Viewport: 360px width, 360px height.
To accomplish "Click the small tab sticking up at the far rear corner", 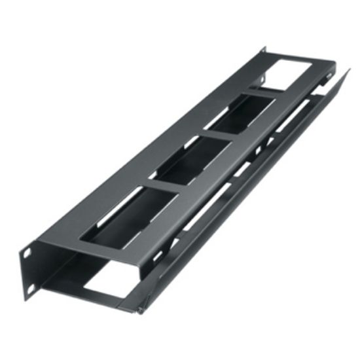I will [264, 50].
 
